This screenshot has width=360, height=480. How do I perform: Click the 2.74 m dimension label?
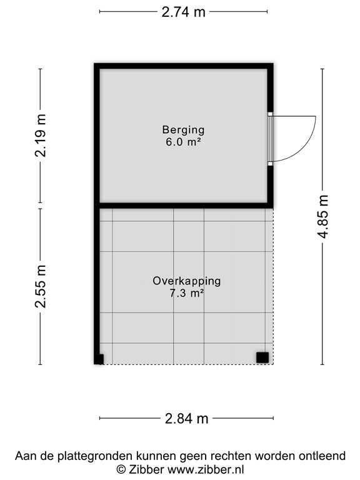coord(183,12)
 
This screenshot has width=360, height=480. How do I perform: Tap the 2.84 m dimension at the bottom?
coord(186,419)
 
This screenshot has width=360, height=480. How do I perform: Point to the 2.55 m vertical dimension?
coord(41,286)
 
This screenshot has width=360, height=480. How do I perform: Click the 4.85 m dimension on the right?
coord(322,216)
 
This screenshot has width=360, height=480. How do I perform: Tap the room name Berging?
coord(183,130)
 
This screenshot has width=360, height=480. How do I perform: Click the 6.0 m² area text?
coord(183,142)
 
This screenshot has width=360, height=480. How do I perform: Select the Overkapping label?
coord(186,281)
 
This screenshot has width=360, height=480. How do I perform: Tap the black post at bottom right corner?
coord(262,357)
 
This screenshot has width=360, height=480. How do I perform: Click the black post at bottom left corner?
coord(99,359)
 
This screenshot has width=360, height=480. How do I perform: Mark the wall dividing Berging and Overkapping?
coord(184,204)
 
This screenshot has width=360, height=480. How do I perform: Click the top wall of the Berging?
coord(184,66)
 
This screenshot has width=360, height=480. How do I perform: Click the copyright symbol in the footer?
coord(120,469)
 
